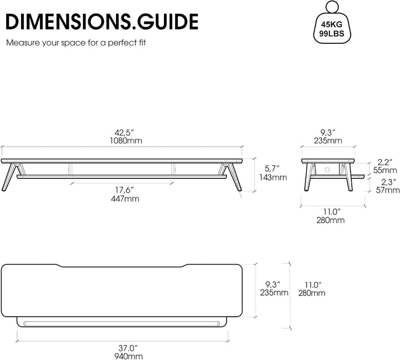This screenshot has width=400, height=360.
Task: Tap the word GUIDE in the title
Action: (168, 22)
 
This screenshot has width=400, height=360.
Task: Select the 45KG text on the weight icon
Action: (332, 24)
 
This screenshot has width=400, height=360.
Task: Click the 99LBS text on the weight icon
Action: (332, 33)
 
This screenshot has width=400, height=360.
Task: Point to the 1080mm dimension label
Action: (126, 141)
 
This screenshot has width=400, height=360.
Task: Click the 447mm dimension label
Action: (125, 199)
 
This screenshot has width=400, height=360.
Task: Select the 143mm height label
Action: (273, 177)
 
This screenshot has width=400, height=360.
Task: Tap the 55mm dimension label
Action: (385, 170)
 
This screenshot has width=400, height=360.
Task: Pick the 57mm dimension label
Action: (388, 190)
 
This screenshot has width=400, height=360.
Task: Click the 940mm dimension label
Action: (128, 356)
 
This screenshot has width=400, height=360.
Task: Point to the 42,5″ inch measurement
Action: (124, 133)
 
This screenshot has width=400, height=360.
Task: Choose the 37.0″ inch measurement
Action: (128, 348)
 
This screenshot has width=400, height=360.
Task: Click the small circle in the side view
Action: (327, 169)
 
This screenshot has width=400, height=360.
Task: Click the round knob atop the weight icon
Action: (332, 6)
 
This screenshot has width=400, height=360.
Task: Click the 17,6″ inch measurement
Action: (124, 190)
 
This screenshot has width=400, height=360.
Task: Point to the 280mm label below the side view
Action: (331, 220)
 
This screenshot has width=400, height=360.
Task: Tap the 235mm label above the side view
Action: (328, 141)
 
